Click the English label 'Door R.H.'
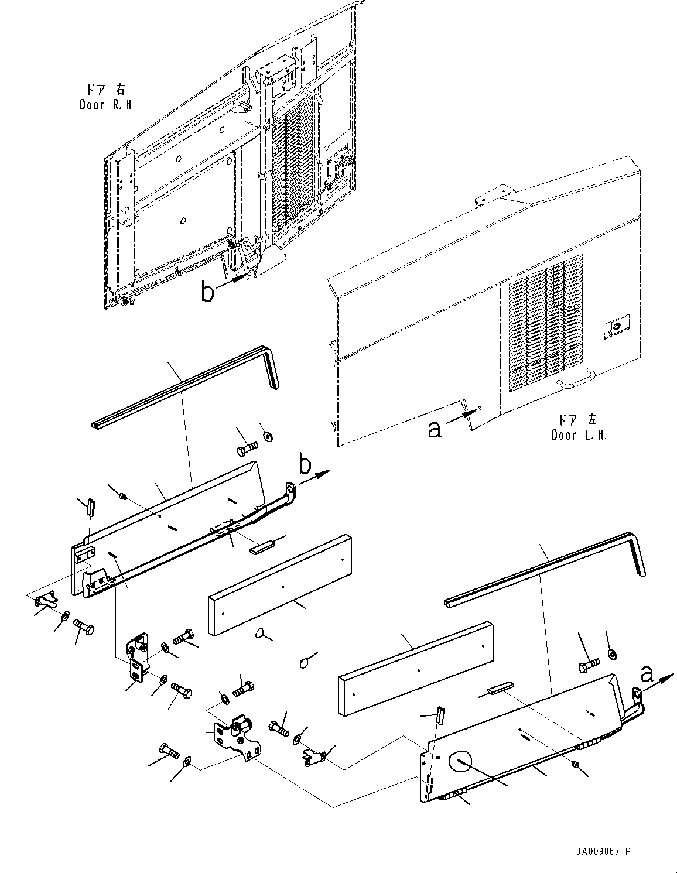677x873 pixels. [107, 105]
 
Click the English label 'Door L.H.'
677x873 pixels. [579, 435]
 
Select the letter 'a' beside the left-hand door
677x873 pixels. [435, 431]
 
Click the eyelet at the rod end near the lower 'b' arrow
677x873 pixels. [290, 489]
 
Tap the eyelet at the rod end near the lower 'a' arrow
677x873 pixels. [638, 693]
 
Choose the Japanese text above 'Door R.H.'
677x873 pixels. [106, 89]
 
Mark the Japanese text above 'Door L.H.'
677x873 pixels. [578, 420]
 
